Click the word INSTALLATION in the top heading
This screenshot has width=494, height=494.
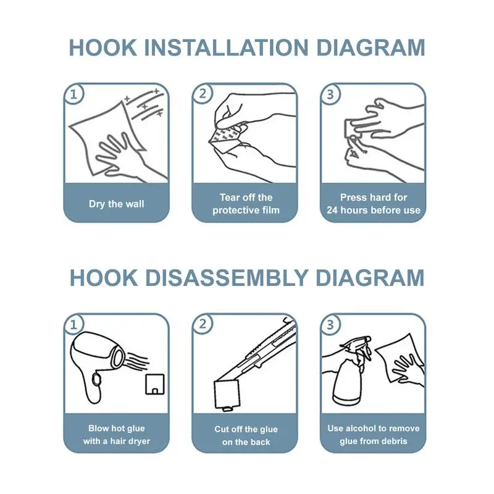(x=228, y=48)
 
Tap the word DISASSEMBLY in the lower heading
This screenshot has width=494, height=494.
(x=227, y=278)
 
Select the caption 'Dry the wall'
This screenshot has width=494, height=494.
(x=117, y=204)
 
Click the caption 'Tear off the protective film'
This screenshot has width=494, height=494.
(x=246, y=204)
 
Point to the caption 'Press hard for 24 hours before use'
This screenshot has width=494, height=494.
(x=374, y=204)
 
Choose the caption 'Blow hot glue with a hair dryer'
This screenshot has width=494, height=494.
(x=117, y=435)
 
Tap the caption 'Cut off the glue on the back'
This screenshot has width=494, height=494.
(x=246, y=435)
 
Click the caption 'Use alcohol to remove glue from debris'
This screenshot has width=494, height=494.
(x=374, y=435)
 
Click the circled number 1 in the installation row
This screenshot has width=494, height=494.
(x=73, y=94)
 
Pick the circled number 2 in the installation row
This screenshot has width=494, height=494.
(x=203, y=93)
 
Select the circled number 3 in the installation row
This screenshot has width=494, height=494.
(x=330, y=94)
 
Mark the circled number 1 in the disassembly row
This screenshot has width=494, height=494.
(x=73, y=325)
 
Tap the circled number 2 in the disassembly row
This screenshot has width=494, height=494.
(x=203, y=324)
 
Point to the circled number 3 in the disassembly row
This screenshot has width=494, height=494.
(x=330, y=325)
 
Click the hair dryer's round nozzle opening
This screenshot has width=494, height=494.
(x=119, y=357)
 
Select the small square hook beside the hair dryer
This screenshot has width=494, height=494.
(x=155, y=384)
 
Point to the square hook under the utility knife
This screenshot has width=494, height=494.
(x=227, y=395)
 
